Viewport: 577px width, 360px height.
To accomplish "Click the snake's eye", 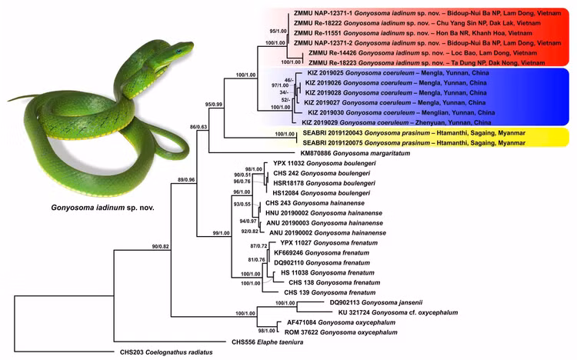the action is (178, 51).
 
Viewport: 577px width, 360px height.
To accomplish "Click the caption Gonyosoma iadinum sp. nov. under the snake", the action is (102, 208).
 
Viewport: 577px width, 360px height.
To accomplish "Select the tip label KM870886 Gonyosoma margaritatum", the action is (355, 153).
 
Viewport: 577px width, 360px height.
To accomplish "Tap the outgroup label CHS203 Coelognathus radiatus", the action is (166, 352).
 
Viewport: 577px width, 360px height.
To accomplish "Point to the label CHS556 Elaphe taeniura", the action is (268, 342).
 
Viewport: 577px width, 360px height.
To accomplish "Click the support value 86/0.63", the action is (198, 127).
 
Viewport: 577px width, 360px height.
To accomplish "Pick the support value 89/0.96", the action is (186, 180).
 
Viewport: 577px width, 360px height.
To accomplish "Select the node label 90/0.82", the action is (161, 246).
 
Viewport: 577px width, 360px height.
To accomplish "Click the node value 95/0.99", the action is (213, 105).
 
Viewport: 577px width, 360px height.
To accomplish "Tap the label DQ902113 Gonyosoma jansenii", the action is (376, 302).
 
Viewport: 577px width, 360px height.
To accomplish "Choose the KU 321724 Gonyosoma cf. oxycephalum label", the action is (399, 312).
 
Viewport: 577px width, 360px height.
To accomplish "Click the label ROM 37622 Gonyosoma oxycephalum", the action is (341, 332).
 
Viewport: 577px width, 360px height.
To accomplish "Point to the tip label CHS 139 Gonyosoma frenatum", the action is (330, 292).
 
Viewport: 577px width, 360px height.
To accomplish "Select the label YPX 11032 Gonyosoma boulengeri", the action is (325, 163).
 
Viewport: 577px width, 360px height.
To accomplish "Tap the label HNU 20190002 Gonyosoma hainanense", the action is (324, 213).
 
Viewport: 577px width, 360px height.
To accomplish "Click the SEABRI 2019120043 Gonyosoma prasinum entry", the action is (414, 133).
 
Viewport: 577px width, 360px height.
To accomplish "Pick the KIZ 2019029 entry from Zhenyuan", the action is (396, 122).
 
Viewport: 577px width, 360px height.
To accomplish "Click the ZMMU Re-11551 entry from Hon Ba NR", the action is (413, 33).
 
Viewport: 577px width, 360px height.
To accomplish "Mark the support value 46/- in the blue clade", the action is (288, 80).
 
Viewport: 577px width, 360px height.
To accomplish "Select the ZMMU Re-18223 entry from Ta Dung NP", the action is (427, 63).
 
